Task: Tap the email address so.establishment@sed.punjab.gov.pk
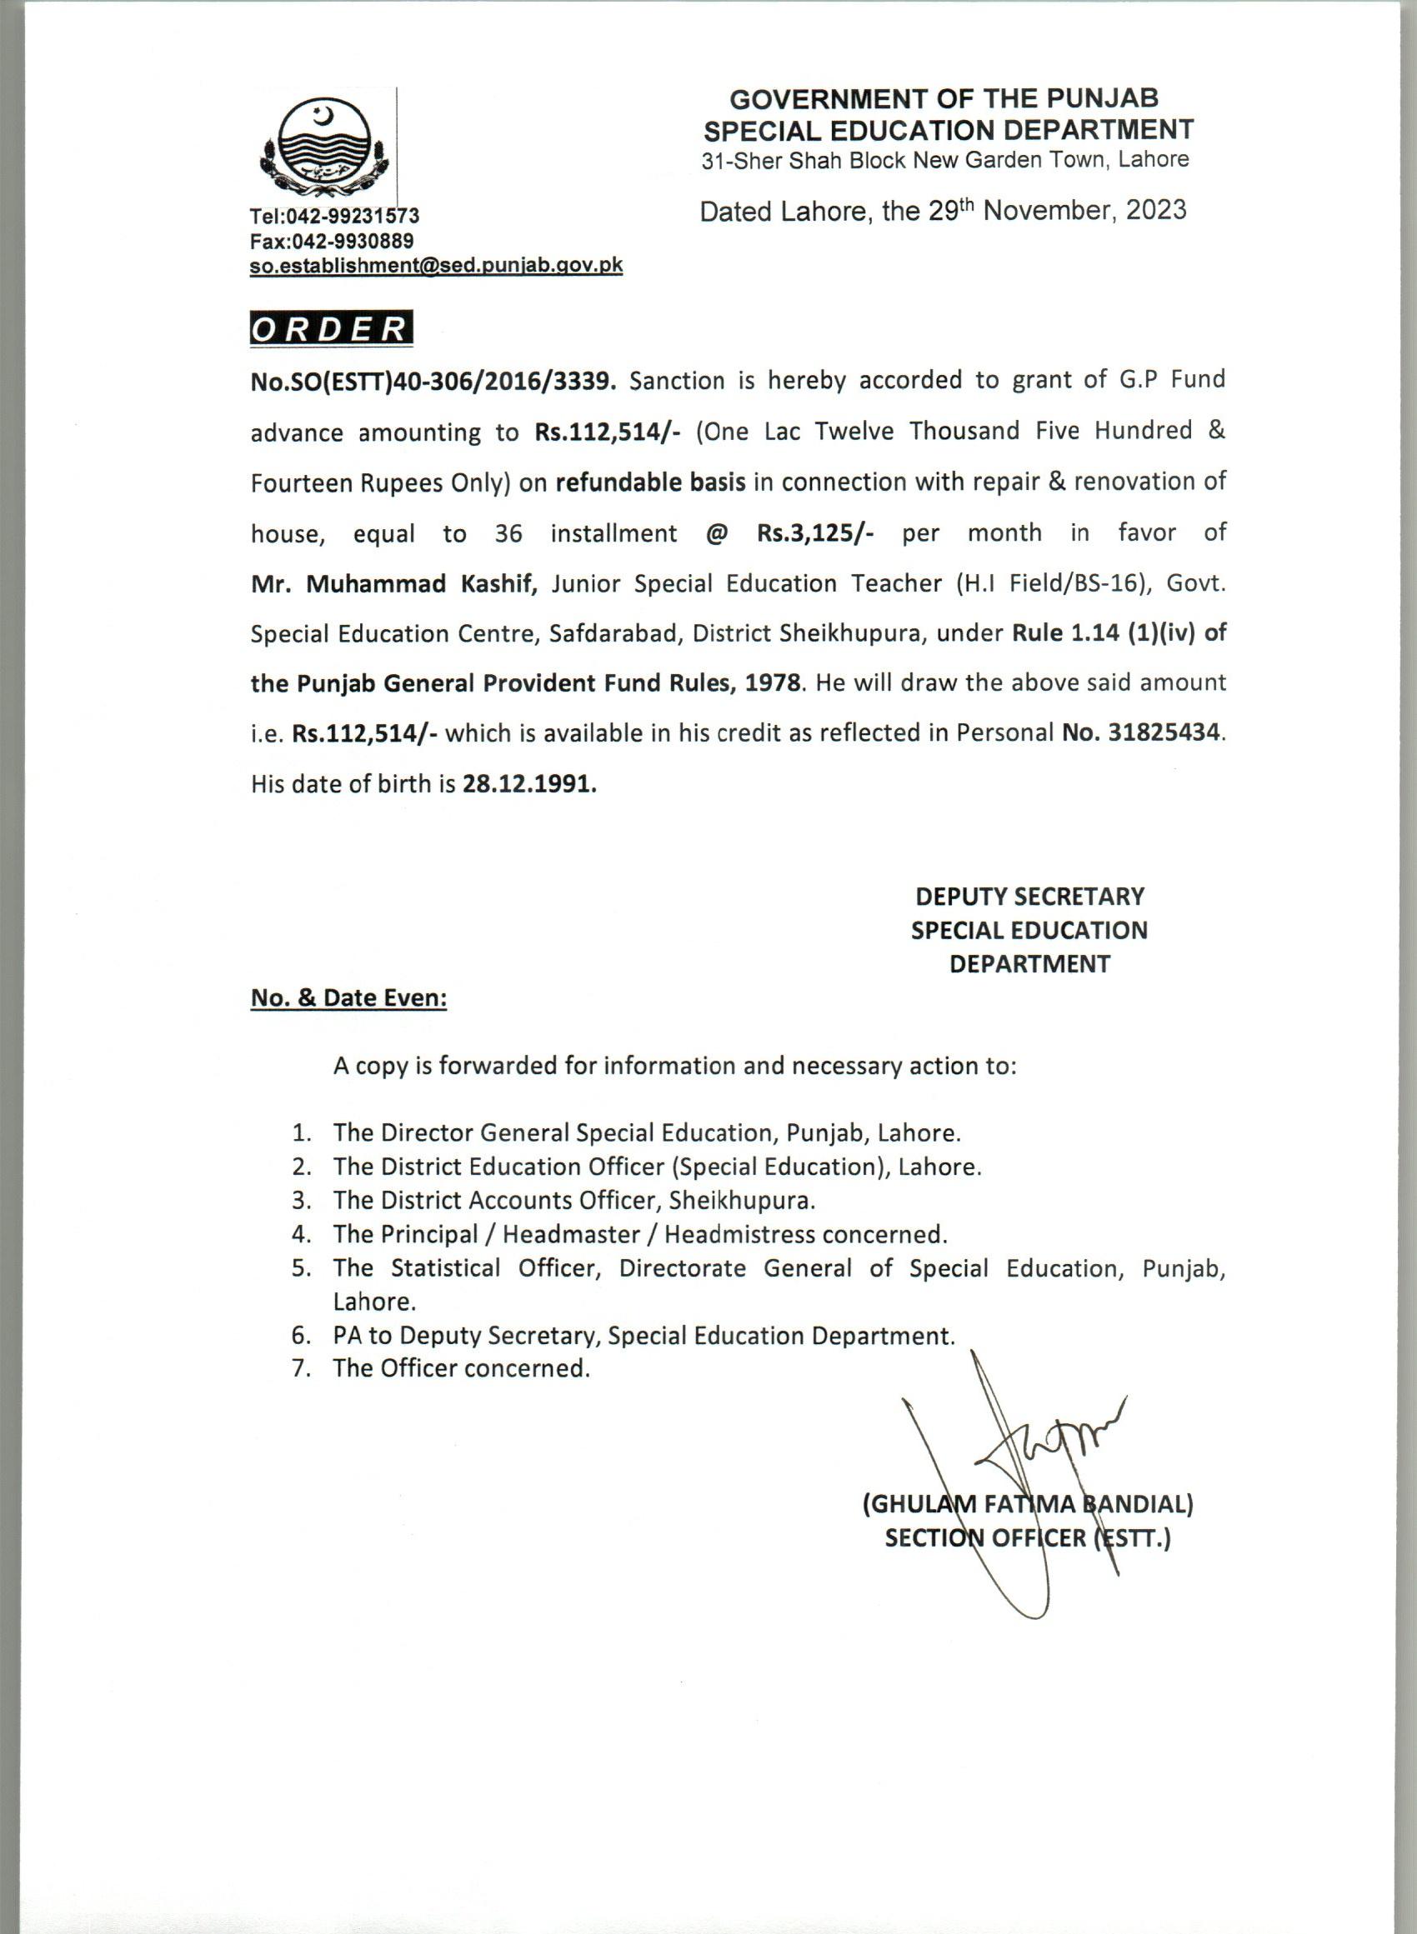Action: (x=436, y=266)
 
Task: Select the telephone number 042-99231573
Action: (x=356, y=214)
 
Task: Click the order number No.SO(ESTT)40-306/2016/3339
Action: (x=433, y=382)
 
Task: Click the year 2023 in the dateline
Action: (x=1156, y=211)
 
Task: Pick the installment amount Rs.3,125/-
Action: (x=815, y=533)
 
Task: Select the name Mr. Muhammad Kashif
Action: (x=393, y=584)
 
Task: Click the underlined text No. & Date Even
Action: (x=348, y=998)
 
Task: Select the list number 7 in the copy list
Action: (x=300, y=1368)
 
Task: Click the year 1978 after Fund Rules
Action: (x=774, y=684)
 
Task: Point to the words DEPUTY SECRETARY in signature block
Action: (x=1029, y=897)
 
